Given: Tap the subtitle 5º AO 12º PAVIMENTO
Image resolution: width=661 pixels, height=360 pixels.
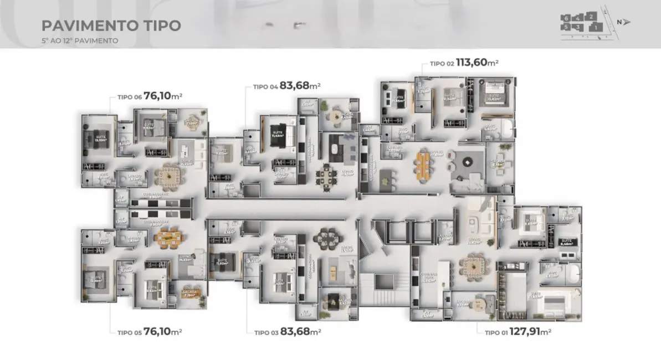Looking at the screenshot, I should point(80,40).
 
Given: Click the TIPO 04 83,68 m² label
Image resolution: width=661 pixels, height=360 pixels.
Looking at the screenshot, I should point(287,86).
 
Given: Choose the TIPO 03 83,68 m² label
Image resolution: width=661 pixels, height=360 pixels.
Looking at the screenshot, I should point(288,332).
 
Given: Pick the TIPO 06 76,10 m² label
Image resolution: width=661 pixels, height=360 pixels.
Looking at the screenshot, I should point(150,96).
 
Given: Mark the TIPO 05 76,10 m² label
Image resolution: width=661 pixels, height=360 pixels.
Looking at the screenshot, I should point(150,332).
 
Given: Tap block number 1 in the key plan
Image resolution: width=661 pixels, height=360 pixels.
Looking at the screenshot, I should point(595,27).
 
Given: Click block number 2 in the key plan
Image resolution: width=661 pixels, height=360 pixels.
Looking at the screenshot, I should point(592,16).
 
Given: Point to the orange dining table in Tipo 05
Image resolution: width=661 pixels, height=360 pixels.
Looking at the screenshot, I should point(166,237).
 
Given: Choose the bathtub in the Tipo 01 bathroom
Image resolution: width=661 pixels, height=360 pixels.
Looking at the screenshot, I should point(572,273).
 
